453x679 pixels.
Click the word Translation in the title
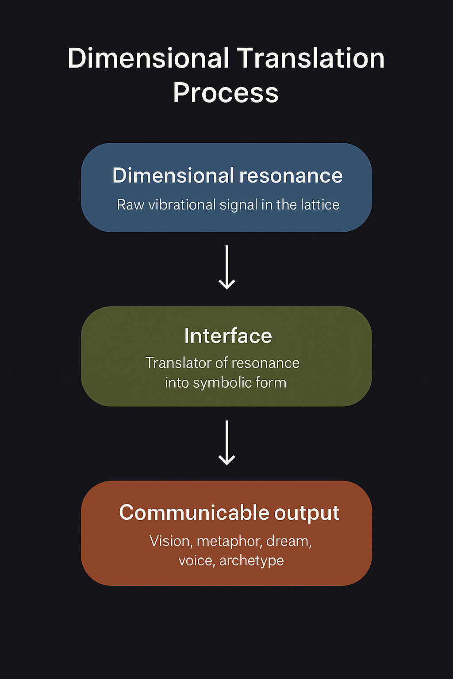point(311,58)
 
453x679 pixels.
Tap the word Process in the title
point(226,93)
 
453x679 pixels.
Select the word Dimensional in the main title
point(148,58)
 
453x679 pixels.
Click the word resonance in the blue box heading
point(291,176)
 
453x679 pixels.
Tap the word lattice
point(320,205)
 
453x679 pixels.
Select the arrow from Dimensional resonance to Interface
point(227,267)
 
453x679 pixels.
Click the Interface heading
point(228,336)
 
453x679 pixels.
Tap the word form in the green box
point(273,382)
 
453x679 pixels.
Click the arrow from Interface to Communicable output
point(227,442)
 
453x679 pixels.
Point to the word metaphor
point(229,542)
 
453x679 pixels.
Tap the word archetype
point(251,561)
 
